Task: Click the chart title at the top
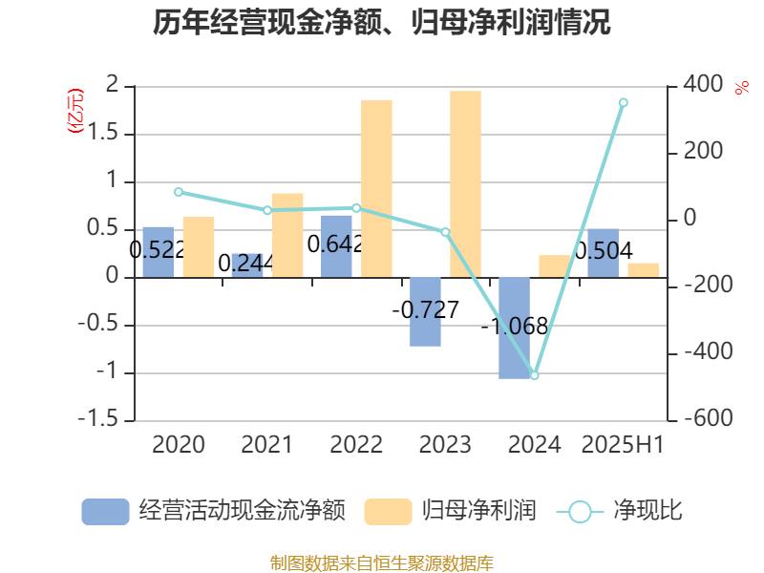(381, 22)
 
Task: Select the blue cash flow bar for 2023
(425, 311)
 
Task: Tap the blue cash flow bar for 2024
(514, 328)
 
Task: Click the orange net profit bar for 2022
(376, 188)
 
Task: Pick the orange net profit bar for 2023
(465, 183)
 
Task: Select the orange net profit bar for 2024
(554, 265)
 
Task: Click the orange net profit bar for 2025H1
(643, 269)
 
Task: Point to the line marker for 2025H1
(623, 102)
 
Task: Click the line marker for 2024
(534, 375)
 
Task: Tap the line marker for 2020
(179, 192)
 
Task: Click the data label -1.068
(514, 327)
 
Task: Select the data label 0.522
(157, 250)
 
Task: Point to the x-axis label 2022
(356, 445)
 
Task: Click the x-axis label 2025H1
(623, 445)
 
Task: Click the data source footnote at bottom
(381, 562)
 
